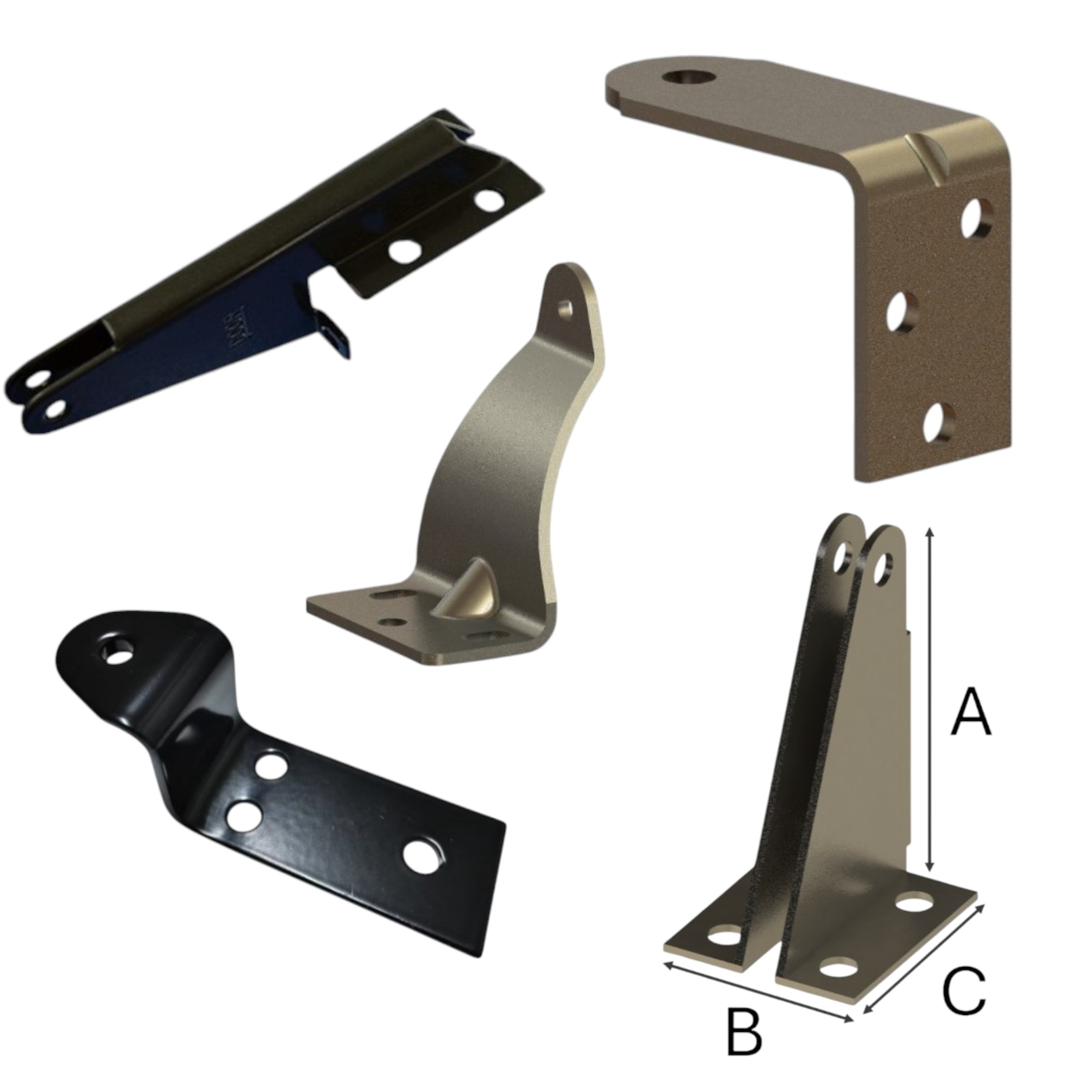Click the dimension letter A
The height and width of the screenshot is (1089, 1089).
(971, 712)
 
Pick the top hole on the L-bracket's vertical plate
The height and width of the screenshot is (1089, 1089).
(977, 218)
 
